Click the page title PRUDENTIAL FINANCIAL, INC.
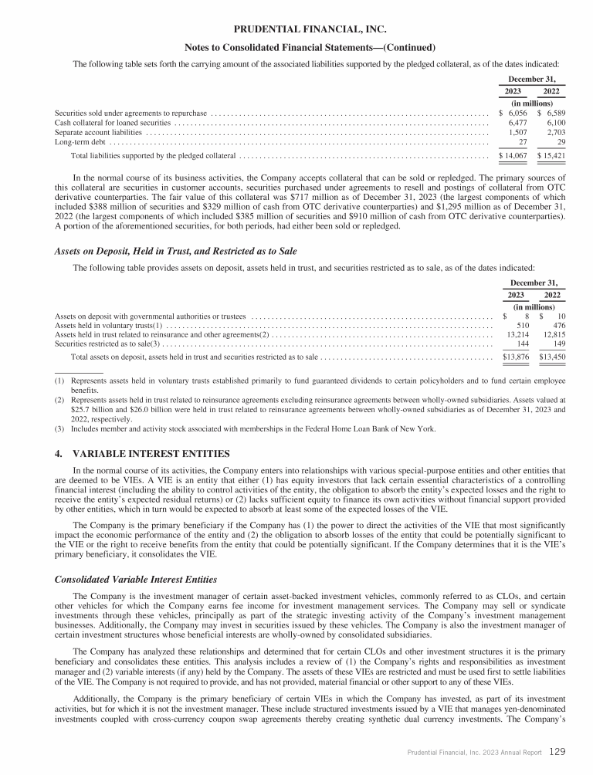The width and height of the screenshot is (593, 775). pos(296,29)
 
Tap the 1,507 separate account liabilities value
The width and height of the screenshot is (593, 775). pos(513,133)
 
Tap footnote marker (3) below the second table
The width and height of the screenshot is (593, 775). pos(59,428)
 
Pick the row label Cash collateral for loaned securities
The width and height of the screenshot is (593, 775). pos(113,123)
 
